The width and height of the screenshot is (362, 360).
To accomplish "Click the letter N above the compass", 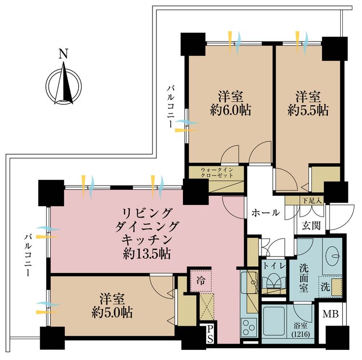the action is [x=63, y=54].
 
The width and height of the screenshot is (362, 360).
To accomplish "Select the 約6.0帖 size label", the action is [x=231, y=110].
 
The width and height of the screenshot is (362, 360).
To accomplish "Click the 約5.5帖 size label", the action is [x=308, y=110].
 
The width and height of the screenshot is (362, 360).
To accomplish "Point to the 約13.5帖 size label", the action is [x=147, y=254].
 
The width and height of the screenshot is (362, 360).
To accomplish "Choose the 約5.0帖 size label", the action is [x=112, y=313].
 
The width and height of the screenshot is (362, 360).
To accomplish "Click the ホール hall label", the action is [x=266, y=213].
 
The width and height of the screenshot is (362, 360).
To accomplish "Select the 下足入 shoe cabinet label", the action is [x=312, y=200].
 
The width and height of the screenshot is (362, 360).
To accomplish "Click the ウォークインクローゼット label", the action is [x=217, y=173].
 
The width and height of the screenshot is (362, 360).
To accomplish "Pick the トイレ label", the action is [x=274, y=266].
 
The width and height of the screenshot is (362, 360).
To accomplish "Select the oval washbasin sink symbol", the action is [x=333, y=256].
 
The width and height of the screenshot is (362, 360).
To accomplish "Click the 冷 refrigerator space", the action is [x=201, y=281].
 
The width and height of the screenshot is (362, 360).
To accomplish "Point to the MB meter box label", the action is [x=331, y=314].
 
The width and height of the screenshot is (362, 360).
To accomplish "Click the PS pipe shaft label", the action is [x=210, y=334].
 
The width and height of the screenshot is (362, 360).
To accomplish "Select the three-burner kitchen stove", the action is [x=249, y=328].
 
